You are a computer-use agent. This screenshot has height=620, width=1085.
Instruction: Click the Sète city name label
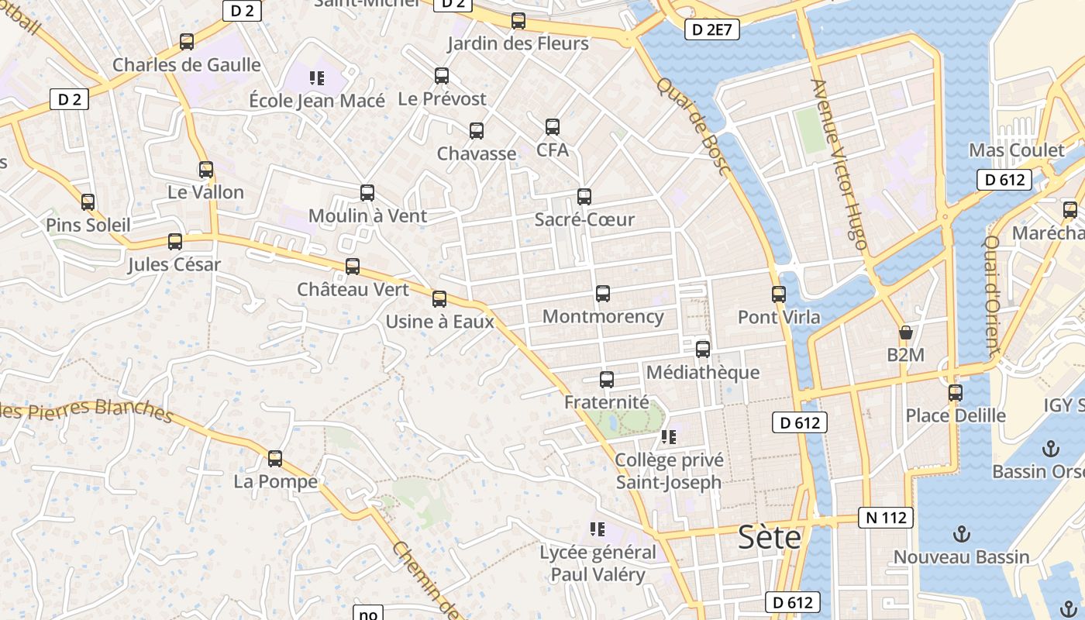(770, 536)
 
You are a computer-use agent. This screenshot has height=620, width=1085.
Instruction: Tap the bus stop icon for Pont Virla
(779, 294)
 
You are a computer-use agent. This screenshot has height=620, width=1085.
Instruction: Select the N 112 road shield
(885, 518)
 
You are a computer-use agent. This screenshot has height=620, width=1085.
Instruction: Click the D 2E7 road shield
(712, 30)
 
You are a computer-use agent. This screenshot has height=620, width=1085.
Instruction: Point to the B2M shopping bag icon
(905, 333)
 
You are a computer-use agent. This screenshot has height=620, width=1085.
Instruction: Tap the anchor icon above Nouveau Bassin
(961, 534)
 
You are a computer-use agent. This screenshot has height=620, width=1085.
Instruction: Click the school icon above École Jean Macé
(316, 77)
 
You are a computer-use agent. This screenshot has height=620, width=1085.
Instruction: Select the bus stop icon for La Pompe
(275, 459)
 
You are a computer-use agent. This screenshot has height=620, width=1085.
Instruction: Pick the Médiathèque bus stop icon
(703, 350)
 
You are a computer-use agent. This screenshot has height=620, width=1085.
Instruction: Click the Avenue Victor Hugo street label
(839, 164)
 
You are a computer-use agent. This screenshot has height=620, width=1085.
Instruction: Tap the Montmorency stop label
(603, 316)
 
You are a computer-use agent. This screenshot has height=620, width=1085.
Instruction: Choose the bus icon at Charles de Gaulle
(187, 42)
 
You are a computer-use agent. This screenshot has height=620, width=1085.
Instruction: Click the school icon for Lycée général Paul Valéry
(597, 529)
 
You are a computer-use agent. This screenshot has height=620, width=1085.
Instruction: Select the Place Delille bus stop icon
(956, 393)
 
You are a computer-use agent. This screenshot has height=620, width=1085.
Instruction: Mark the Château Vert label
(353, 289)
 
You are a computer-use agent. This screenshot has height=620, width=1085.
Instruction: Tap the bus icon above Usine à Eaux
(439, 299)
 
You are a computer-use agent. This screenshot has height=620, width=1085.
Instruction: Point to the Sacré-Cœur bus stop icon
(584, 197)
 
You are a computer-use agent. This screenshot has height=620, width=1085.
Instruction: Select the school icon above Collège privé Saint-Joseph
(669, 437)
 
